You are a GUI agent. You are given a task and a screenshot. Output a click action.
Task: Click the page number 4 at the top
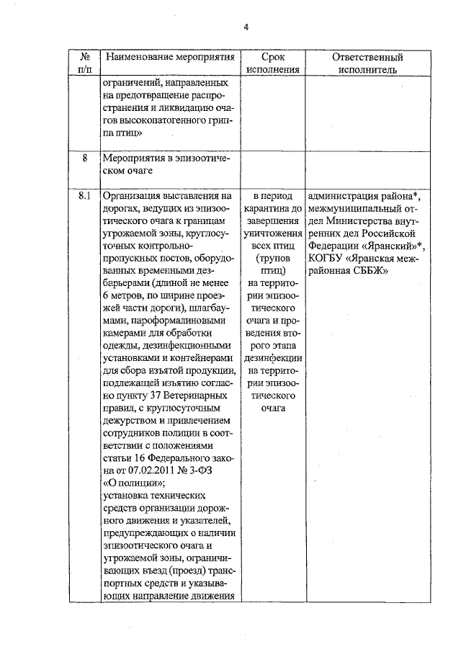click(245, 27)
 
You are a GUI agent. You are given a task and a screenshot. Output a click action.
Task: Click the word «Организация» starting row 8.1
click(134, 195)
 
